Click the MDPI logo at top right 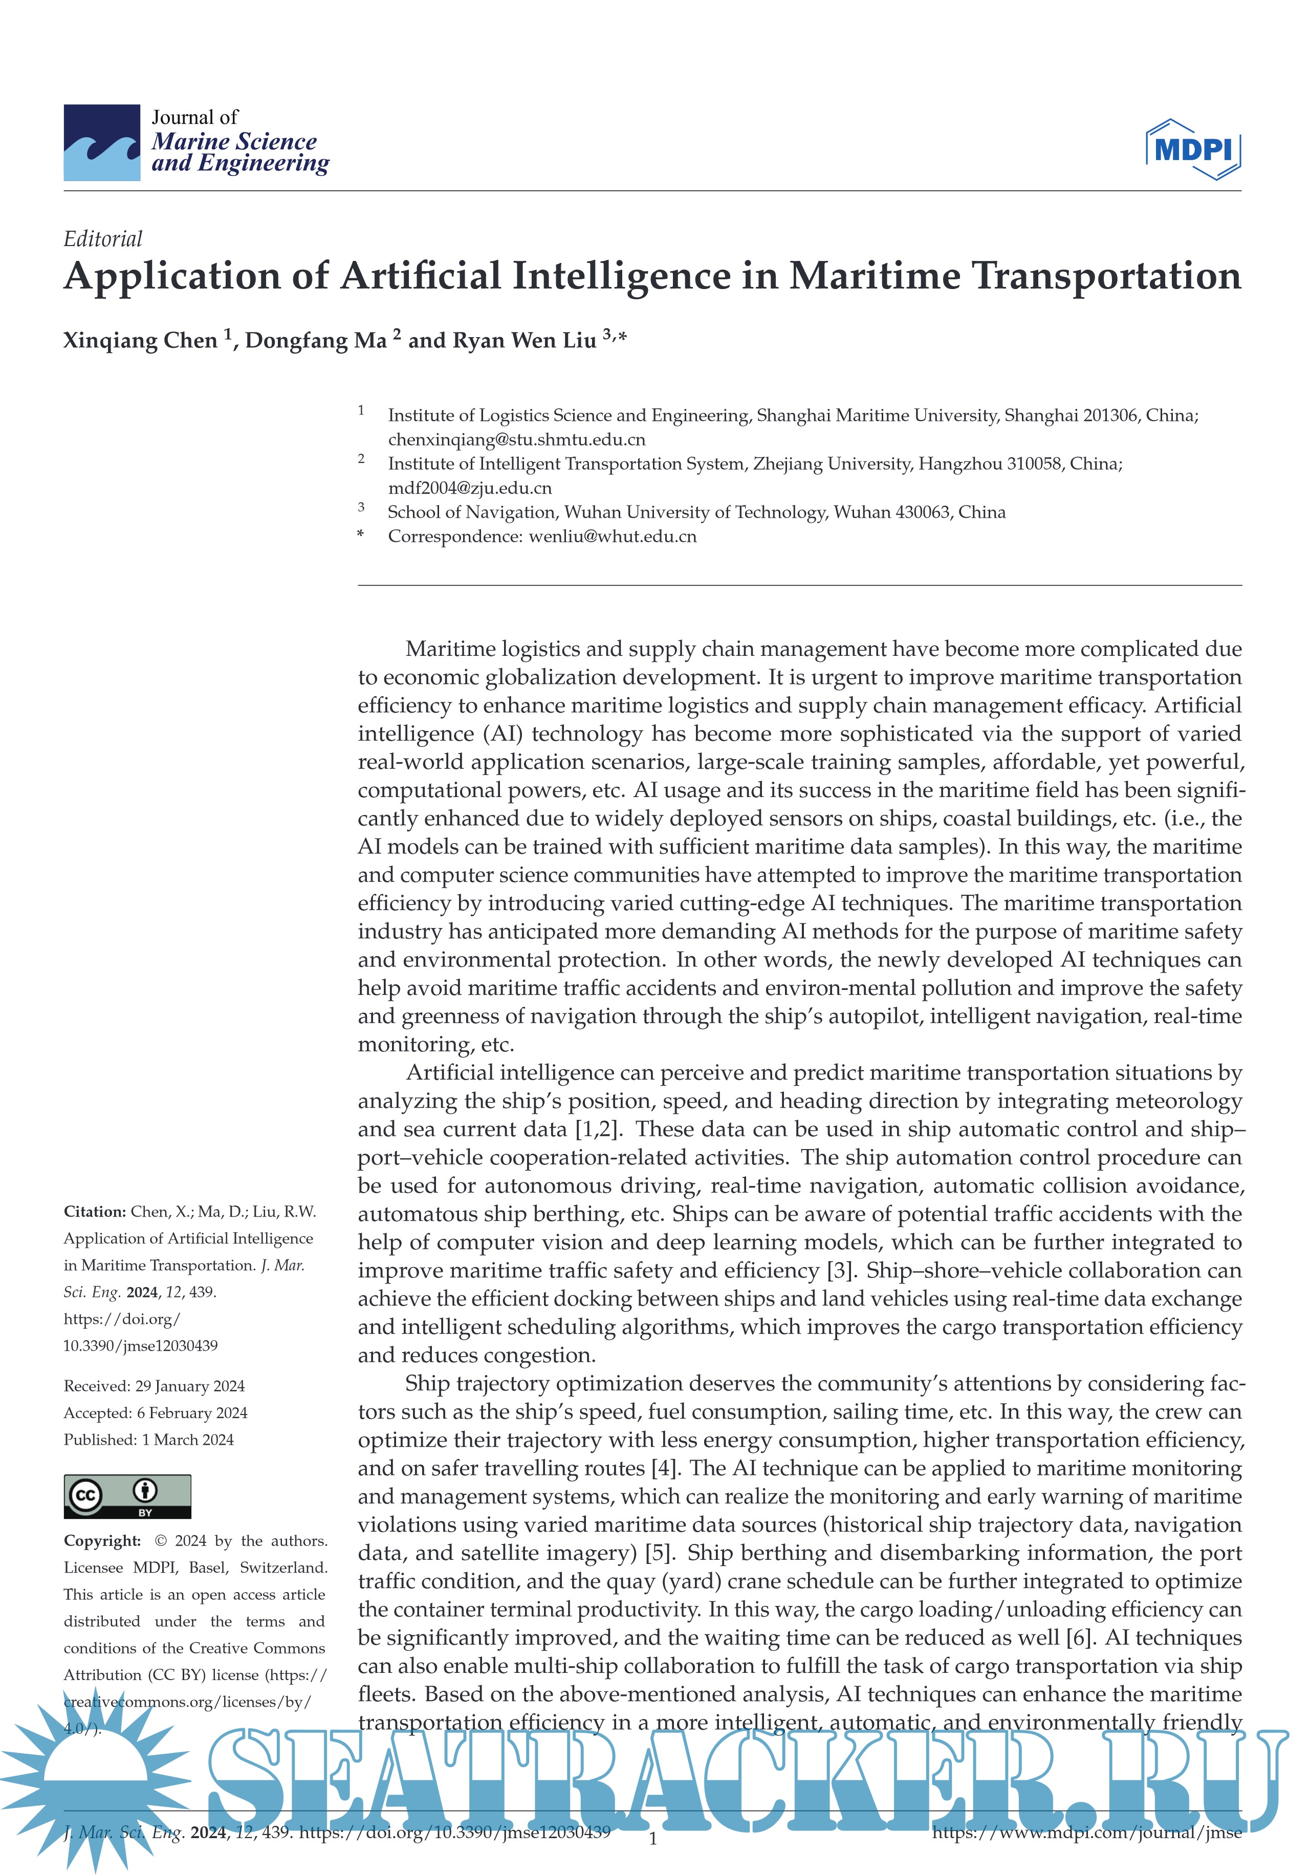click(1193, 149)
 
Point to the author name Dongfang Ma click(315, 341)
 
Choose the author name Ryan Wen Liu click(502, 341)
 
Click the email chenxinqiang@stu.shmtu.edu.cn click(516, 439)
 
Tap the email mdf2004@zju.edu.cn click(470, 488)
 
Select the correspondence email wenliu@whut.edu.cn click(613, 536)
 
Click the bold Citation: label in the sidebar click(95, 1212)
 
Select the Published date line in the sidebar click(149, 1440)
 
